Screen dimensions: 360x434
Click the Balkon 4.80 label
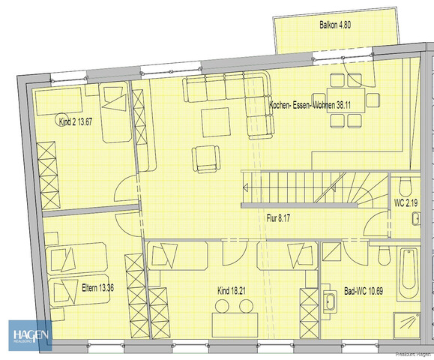click(x=334, y=25)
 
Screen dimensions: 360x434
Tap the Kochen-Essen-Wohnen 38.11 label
click(x=310, y=106)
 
